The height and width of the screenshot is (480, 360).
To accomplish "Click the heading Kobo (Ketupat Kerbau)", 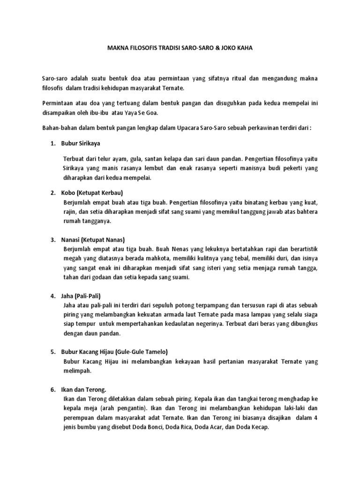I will (92, 193).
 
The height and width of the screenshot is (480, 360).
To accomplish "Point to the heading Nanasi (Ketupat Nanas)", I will (93, 240).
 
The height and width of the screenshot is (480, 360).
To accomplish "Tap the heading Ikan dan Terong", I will (84, 390).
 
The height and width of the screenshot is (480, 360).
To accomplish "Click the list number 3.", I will (53, 240).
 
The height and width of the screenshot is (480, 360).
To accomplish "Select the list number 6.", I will (53, 390).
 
